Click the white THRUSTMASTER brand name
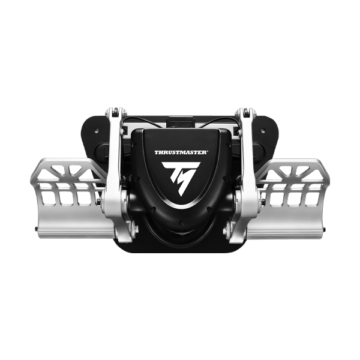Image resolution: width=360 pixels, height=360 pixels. [181, 152]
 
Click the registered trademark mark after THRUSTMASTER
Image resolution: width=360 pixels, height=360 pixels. [208, 151]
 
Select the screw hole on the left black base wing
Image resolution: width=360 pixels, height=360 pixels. [97, 131]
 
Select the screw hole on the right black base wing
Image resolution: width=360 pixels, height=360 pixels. [263, 131]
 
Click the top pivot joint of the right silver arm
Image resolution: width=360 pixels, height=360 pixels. [245, 112]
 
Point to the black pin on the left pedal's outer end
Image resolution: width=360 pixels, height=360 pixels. [36, 229]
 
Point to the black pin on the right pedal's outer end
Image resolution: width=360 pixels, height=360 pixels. [324, 229]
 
